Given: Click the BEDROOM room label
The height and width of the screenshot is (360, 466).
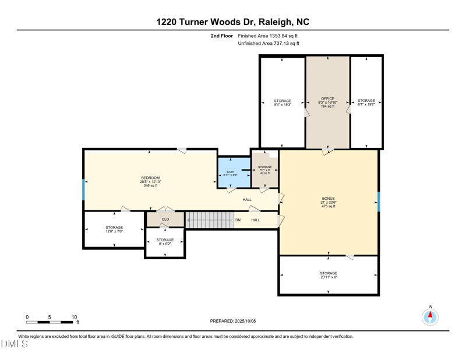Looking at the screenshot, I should pyautogui.click(x=150, y=178).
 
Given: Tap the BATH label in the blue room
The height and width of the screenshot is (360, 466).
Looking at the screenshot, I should pyautogui.click(x=231, y=172).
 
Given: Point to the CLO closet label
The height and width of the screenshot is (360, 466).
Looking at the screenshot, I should pyautogui.click(x=165, y=220).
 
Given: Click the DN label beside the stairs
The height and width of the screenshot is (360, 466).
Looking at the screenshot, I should pyautogui.click(x=238, y=220).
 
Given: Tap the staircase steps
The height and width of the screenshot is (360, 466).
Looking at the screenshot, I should pyautogui.click(x=210, y=220).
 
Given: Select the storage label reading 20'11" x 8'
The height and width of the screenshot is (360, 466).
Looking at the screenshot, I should pyautogui.click(x=329, y=273).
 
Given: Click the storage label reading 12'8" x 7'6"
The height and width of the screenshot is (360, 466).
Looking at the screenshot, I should pyautogui.click(x=114, y=228).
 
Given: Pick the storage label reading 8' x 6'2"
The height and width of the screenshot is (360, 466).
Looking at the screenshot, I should pyautogui.click(x=165, y=240).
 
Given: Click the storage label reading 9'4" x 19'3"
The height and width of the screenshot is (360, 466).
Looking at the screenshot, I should pyautogui.click(x=283, y=101).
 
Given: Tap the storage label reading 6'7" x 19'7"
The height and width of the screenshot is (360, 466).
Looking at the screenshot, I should pyautogui.click(x=366, y=101).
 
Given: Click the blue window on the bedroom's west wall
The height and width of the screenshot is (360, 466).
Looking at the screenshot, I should pyautogui.click(x=84, y=189).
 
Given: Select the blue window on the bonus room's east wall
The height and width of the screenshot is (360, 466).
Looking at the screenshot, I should pyautogui.click(x=379, y=202).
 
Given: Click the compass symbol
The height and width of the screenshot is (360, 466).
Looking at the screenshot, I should pyautogui.click(x=430, y=317).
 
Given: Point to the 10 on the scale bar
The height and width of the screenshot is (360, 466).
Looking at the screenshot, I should pyautogui.click(x=74, y=317).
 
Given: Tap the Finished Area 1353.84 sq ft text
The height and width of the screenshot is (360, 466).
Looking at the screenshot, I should pyautogui.click(x=268, y=36).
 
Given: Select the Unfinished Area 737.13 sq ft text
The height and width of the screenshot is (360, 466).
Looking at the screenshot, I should pyautogui.click(x=269, y=44).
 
